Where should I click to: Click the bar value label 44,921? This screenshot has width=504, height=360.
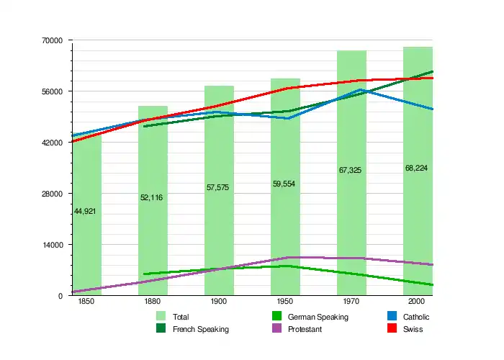(85, 211)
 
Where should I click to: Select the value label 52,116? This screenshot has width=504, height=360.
(151, 197)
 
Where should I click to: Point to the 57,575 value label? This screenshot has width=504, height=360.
(217, 187)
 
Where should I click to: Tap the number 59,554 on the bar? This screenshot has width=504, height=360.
(284, 184)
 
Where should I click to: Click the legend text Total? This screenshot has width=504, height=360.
(181, 317)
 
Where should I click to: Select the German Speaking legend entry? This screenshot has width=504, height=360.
(318, 317)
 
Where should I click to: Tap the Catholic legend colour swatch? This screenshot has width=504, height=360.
(392, 316)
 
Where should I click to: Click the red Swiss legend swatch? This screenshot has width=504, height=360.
(392, 328)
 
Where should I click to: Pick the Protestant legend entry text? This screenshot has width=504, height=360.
(305, 329)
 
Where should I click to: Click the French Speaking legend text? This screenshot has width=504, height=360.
(201, 329)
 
